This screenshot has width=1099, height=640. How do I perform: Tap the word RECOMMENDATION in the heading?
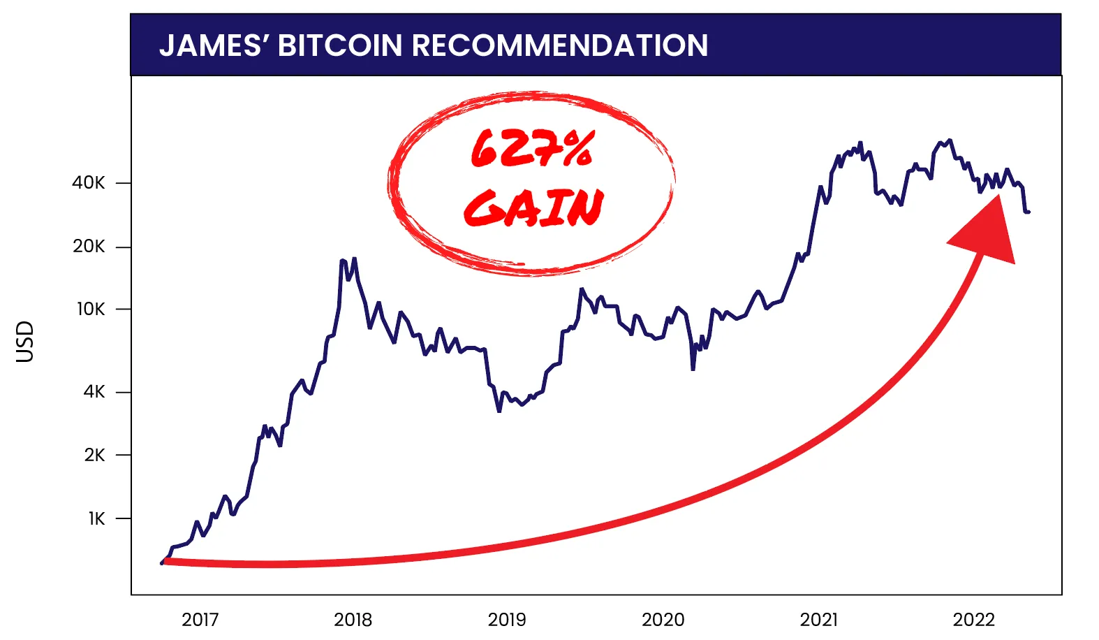coord(560,46)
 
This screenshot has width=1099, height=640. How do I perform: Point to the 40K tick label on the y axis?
coord(89,183)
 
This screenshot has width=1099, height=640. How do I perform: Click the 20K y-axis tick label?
coord(89,247)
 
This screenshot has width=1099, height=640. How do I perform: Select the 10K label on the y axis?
coord(90,309)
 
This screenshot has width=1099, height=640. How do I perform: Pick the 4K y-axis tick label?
coord(94,392)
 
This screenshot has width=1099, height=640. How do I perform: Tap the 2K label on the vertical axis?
coord(94,455)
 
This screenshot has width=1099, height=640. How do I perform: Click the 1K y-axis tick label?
coord(96,518)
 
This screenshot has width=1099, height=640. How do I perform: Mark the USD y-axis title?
coord(24,342)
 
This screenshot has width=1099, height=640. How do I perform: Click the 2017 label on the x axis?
coord(200,620)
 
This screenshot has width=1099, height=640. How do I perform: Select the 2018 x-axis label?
coord(353,620)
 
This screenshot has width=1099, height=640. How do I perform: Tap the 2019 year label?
coord(507,620)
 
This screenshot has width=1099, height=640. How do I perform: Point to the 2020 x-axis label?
coord(663,620)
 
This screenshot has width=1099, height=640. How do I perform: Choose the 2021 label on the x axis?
coord(818,620)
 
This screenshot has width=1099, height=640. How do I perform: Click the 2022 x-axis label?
coord(973,620)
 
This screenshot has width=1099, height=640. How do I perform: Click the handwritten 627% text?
coord(532,149)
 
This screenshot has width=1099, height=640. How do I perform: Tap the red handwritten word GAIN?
coord(533,208)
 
